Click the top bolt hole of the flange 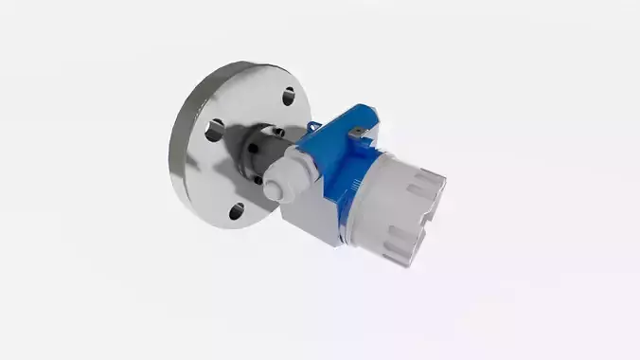coord(287,97)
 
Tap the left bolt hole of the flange coord(215,131)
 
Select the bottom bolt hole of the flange coord(237,210)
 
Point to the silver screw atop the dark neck coord(277,130)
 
